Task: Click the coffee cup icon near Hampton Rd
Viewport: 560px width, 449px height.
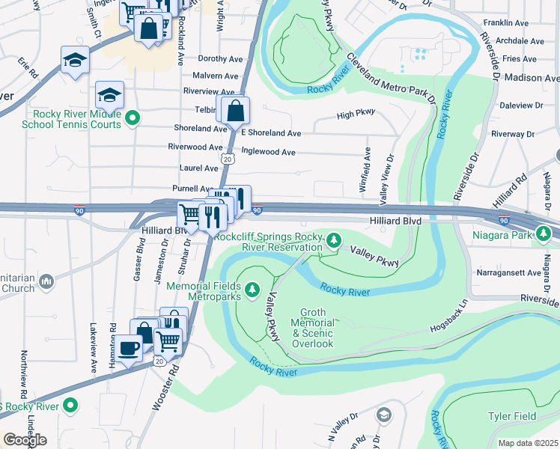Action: (128, 347)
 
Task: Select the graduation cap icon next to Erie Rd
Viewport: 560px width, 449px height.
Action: (75, 60)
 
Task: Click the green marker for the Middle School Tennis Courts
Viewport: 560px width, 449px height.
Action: (133, 117)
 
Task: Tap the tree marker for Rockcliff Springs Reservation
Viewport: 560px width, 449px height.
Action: (335, 240)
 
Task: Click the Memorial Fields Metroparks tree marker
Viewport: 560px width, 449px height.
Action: (252, 288)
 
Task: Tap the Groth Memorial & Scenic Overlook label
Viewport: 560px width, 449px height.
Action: (316, 328)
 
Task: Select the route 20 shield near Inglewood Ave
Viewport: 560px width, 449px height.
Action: (228, 159)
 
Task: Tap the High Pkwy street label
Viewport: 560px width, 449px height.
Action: (355, 114)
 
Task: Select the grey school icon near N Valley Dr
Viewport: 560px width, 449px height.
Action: (383, 415)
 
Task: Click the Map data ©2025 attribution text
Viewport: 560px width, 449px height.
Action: (528, 443)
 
